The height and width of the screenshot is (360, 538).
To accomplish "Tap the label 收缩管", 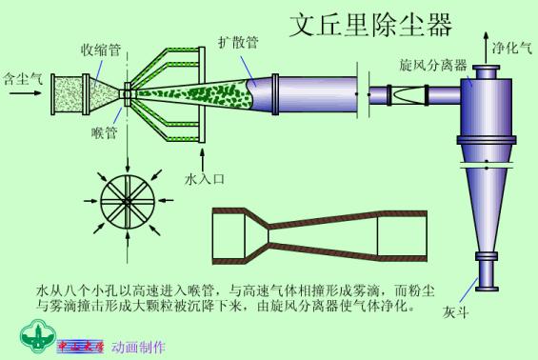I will click(100, 50).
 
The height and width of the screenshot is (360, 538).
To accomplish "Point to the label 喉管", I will click(104, 133).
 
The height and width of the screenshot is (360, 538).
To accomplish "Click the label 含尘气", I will click(20, 72).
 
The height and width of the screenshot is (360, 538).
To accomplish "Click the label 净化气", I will click(511, 45).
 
